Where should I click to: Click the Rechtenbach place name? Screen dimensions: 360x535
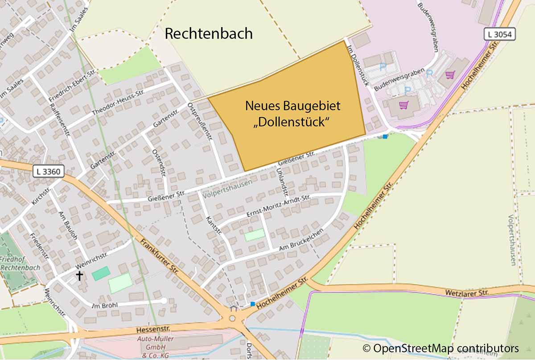point(209,33)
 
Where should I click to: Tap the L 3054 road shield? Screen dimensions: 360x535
point(499,34)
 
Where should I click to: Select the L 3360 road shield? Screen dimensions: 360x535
point(49,171)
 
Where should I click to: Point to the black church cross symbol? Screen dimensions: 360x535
point(79,276)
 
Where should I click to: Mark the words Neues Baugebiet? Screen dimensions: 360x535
point(292,106)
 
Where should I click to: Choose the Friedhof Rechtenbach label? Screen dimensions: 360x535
point(20,263)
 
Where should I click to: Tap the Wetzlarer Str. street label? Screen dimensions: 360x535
point(467,293)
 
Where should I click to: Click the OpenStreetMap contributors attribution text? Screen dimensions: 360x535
point(440,348)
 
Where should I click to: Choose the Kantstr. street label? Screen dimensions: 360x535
point(214,225)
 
